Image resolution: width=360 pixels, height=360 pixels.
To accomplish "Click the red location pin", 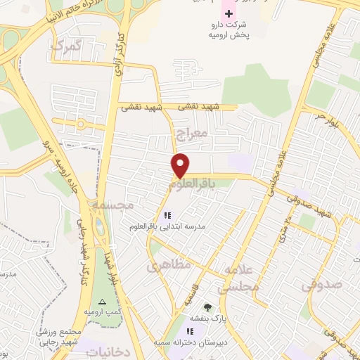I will [181, 165].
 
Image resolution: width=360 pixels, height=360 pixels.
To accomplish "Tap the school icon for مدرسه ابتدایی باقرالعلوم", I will [167, 215].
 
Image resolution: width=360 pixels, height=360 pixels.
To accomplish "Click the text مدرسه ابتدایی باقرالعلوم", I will [167, 227].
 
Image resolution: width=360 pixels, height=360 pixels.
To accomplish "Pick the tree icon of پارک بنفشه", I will [207, 307].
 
